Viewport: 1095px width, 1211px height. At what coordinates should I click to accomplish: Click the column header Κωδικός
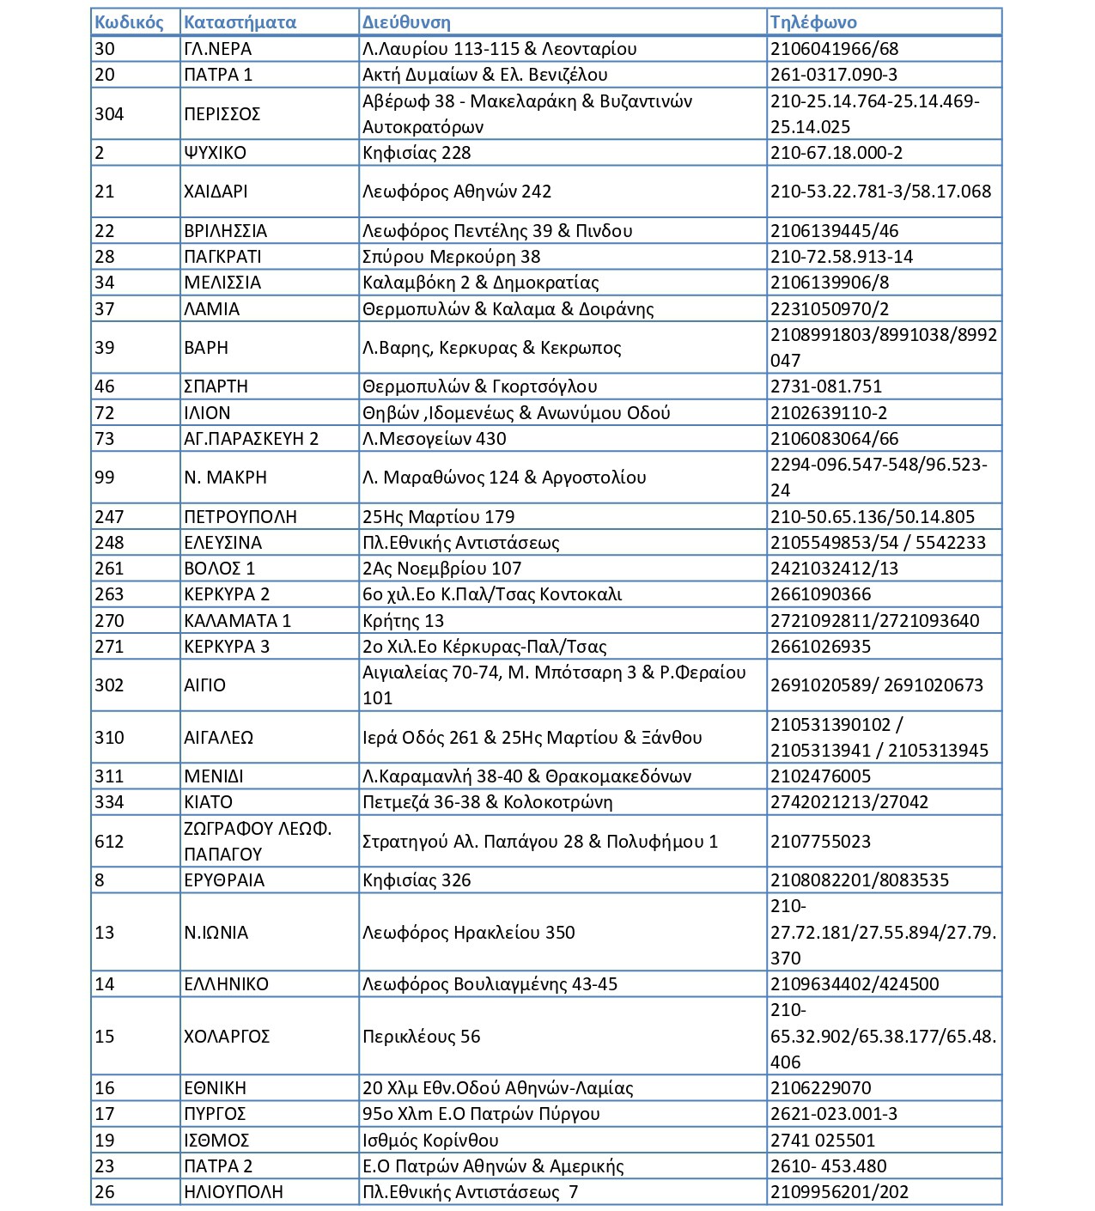tap(129, 22)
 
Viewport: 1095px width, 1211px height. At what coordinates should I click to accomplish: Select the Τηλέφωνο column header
tap(813, 22)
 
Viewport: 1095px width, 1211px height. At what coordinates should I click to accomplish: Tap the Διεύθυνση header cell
tap(406, 22)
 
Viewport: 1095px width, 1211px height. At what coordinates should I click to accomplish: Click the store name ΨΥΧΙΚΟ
tap(215, 153)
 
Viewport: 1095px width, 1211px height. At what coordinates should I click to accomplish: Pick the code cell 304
tap(109, 114)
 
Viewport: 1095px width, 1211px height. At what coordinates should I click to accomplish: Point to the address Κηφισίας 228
tap(417, 153)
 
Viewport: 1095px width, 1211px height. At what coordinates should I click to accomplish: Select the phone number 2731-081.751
tap(826, 386)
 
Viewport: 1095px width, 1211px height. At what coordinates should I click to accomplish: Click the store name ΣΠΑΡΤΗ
tap(216, 386)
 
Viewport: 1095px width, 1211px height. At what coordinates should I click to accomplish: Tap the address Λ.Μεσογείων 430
tap(434, 439)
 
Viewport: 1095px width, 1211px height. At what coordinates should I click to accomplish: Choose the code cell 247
tap(109, 517)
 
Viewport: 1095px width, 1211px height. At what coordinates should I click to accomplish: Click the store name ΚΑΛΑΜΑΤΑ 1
tap(237, 621)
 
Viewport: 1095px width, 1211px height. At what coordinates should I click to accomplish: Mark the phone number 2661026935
tap(820, 647)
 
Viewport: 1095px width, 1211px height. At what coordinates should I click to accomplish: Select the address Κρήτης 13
tap(403, 621)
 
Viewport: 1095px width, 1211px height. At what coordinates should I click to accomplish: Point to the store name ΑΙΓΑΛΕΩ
tap(218, 738)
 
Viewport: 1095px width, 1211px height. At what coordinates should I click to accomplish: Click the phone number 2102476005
tap(820, 776)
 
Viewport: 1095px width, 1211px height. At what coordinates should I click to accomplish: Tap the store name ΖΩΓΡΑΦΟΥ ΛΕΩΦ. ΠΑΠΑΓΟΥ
tap(257, 842)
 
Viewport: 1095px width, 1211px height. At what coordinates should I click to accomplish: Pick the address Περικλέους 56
tap(421, 1037)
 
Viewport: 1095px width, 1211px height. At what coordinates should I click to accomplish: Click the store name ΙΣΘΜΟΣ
tap(216, 1141)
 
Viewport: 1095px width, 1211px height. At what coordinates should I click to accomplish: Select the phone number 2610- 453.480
tap(828, 1166)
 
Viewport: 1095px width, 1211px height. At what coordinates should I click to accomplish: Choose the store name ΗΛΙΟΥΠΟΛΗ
tap(233, 1192)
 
